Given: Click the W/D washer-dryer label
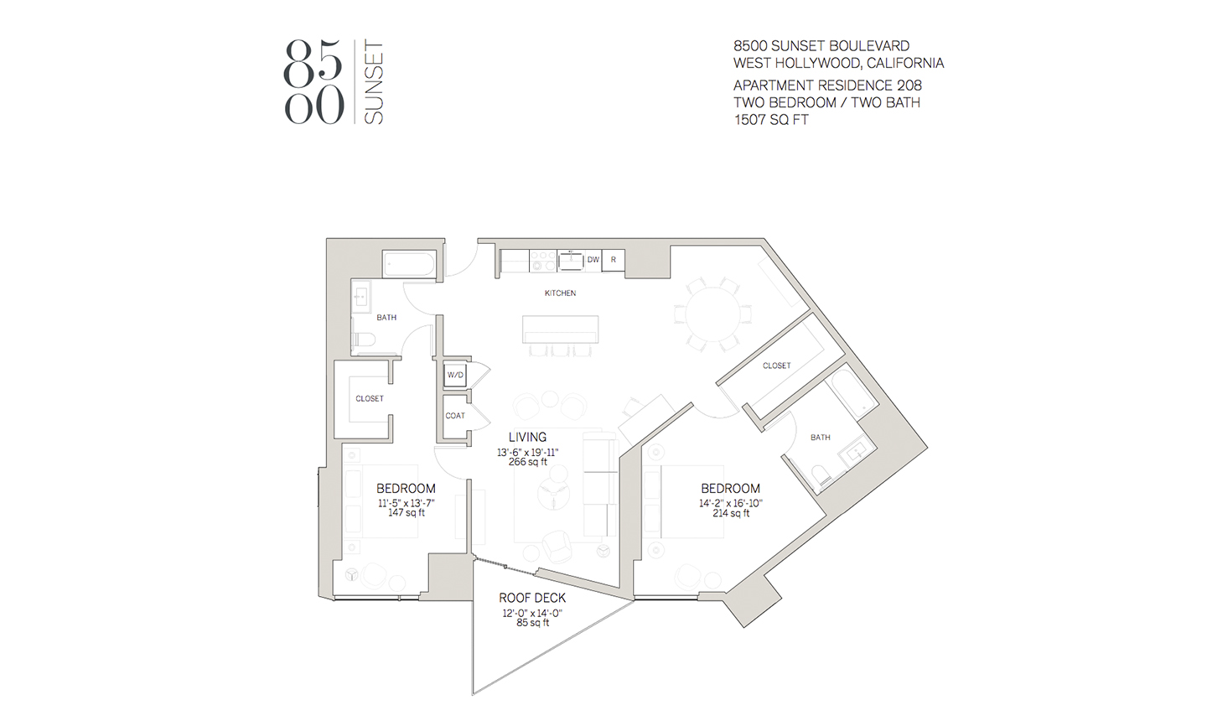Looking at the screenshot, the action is [x=455, y=375].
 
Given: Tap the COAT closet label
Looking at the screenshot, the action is [x=455, y=416].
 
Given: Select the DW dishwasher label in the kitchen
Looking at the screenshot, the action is [x=593, y=260].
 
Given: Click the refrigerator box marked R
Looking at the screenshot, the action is [x=614, y=260].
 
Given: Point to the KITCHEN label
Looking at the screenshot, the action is [x=561, y=293].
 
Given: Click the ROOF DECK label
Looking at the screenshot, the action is [x=532, y=598].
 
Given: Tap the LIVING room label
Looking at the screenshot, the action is [x=527, y=437].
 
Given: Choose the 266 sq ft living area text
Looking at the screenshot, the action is [x=527, y=462].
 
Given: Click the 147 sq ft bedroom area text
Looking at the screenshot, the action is [x=407, y=513].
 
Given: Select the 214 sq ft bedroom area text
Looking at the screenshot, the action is [x=731, y=513].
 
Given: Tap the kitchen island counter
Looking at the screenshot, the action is [x=561, y=329].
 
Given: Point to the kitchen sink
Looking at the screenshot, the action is [x=571, y=262].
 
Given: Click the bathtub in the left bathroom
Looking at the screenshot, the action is [x=410, y=264].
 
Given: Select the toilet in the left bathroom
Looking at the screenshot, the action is [x=363, y=340].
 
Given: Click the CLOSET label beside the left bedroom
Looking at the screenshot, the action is [x=370, y=399].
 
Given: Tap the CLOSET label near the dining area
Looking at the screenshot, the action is [x=776, y=366].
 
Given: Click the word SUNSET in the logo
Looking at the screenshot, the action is [x=374, y=82].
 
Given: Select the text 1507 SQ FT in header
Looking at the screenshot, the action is [x=771, y=120].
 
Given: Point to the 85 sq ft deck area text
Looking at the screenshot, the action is [x=532, y=623].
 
